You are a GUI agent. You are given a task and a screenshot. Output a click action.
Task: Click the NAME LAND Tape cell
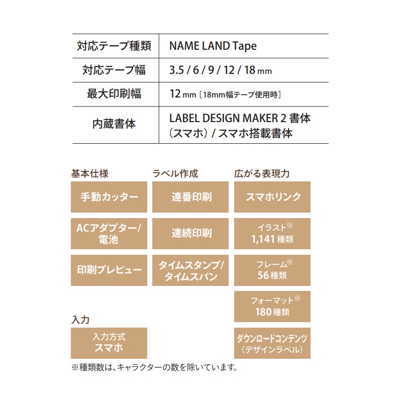point(213,46)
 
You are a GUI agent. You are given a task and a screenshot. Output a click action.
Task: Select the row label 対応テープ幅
point(114,70)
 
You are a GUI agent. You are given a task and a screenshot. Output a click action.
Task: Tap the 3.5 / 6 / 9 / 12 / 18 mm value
point(221,70)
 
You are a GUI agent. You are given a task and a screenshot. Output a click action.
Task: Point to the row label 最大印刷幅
point(114,94)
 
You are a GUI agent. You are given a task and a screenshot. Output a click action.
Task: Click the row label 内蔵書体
point(114,124)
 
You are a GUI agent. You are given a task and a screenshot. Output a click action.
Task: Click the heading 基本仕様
point(90,173)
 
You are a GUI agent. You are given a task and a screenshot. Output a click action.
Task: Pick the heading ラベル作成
point(175,173)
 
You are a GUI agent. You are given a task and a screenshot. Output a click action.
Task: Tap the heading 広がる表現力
point(262,173)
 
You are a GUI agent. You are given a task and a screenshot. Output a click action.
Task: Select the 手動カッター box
point(109,197)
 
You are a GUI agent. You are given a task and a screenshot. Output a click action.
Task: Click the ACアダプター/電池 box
point(109,234)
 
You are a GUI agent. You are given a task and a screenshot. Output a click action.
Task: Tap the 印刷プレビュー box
point(109,270)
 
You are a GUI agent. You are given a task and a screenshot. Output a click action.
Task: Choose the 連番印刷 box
point(190,197)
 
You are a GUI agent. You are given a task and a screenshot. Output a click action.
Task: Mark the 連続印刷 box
point(190,234)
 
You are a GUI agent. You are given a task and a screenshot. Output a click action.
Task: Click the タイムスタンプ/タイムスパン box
point(190,270)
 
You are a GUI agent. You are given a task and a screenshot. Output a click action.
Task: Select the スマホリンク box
point(272,197)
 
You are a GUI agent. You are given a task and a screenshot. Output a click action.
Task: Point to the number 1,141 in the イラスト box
point(263,239)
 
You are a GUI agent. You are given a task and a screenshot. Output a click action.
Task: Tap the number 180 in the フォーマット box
point(263,312)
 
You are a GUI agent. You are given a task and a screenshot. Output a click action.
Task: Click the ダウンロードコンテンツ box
point(272,343)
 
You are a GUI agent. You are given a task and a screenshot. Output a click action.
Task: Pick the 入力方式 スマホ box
point(109,343)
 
